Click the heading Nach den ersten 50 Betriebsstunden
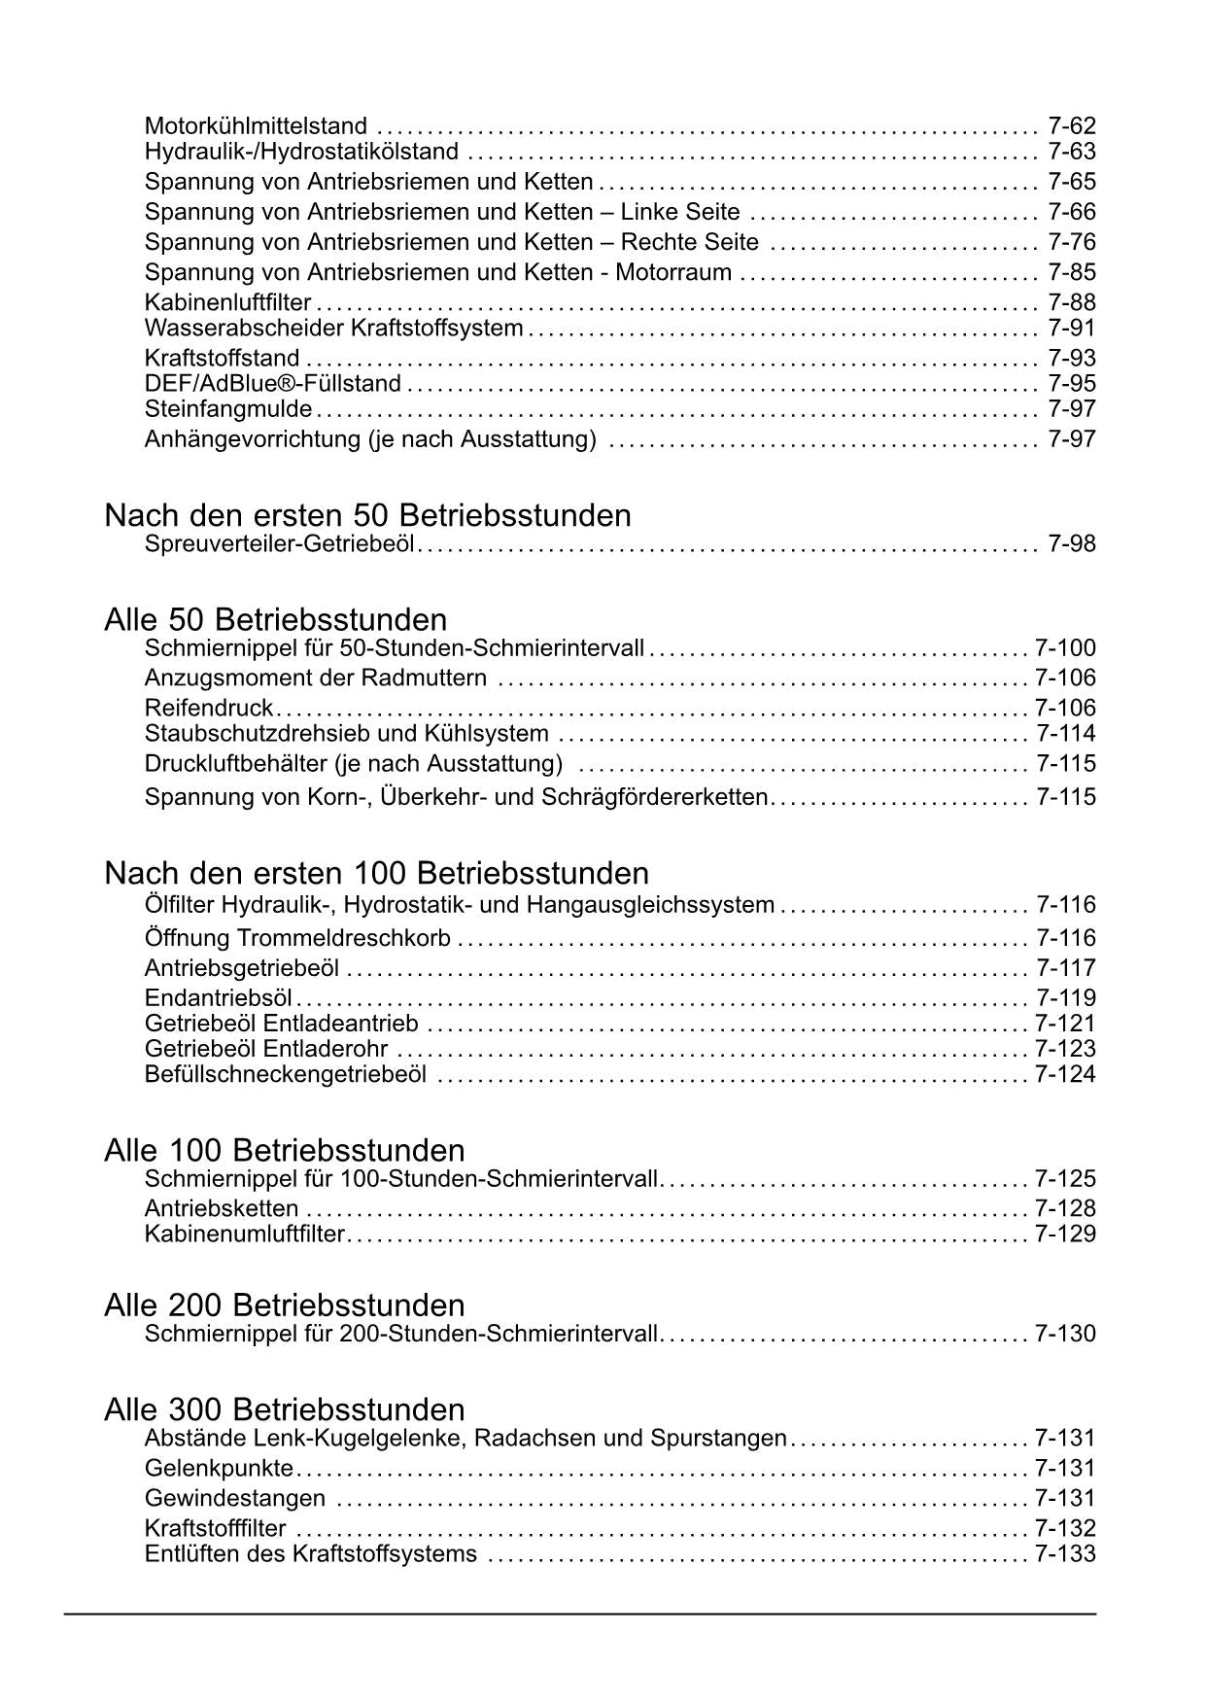(367, 515)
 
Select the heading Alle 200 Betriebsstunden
(284, 1305)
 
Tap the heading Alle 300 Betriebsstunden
(284, 1409)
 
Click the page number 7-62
(1072, 125)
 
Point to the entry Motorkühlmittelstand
(256, 126)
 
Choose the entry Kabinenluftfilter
(227, 302)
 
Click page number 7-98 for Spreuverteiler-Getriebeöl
(1072, 543)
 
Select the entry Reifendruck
(208, 708)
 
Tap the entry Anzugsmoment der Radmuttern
(316, 678)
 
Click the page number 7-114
(1065, 733)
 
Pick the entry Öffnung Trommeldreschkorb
(297, 938)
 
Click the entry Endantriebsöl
(219, 998)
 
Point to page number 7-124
(1065, 1074)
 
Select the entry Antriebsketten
(222, 1208)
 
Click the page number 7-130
(1065, 1334)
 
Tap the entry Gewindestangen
(235, 1498)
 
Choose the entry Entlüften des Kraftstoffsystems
(311, 1553)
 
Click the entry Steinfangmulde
(228, 409)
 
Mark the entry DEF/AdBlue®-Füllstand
(273, 384)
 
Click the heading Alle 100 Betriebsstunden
(284, 1151)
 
